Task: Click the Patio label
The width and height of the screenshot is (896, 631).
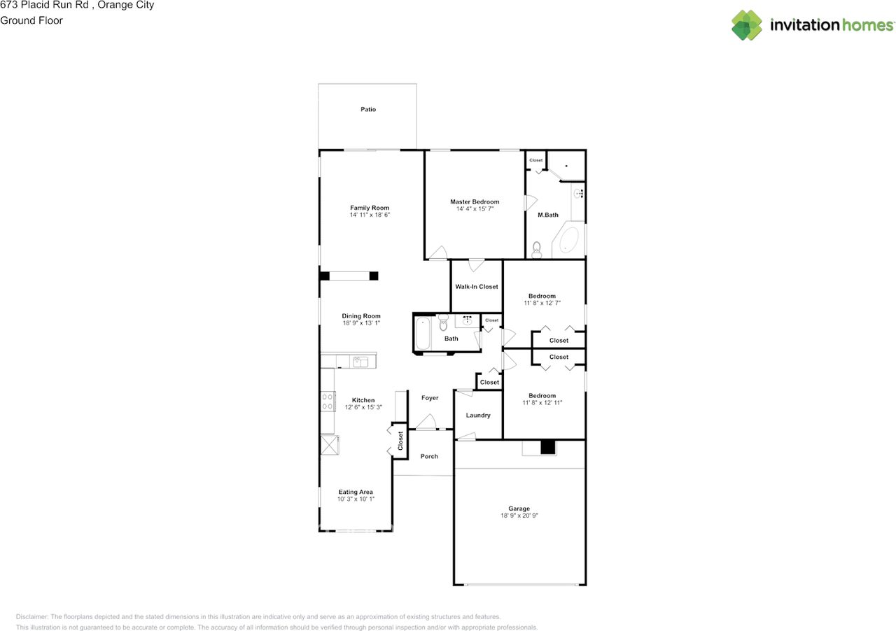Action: pyautogui.click(x=368, y=109)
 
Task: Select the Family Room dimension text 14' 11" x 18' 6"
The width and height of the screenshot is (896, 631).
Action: pyautogui.click(x=370, y=215)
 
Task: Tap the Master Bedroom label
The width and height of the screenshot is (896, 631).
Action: pyautogui.click(x=475, y=201)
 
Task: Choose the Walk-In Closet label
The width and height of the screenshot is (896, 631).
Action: pyautogui.click(x=477, y=287)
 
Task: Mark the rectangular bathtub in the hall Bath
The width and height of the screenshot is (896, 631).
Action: pyautogui.click(x=423, y=334)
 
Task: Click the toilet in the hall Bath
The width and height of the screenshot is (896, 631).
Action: pyautogui.click(x=442, y=324)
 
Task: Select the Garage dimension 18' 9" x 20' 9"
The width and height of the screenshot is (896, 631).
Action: pyautogui.click(x=519, y=516)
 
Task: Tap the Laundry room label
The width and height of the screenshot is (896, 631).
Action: pyautogui.click(x=478, y=416)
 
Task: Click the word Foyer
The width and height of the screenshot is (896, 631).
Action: pyautogui.click(x=430, y=398)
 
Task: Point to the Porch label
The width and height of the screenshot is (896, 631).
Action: pyautogui.click(x=429, y=456)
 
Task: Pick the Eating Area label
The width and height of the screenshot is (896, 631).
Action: pyautogui.click(x=356, y=492)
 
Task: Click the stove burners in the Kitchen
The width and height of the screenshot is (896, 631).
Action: pyautogui.click(x=328, y=402)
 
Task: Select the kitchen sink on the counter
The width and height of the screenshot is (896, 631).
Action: pyautogui.click(x=360, y=362)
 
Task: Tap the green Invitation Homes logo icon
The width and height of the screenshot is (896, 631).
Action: pyautogui.click(x=747, y=25)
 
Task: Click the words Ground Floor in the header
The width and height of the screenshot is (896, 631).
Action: pyautogui.click(x=31, y=20)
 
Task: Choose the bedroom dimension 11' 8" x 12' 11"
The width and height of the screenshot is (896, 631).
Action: pyautogui.click(x=542, y=403)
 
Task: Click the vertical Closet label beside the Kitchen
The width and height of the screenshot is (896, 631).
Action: pyautogui.click(x=400, y=441)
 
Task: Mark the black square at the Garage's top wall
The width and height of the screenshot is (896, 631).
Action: pyautogui.click(x=547, y=447)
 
